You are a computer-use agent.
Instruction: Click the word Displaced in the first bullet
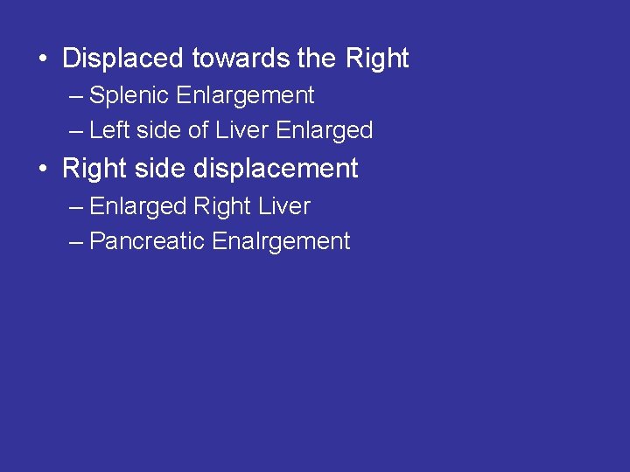point(123,59)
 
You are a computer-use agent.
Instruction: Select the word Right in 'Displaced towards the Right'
point(377,59)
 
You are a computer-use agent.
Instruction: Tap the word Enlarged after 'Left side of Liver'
point(324,130)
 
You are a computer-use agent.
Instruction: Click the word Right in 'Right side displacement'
point(93,168)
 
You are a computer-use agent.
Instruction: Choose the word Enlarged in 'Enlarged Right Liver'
point(138,206)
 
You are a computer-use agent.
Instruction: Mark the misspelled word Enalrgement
point(281,241)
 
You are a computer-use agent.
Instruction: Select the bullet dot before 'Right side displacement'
point(43,170)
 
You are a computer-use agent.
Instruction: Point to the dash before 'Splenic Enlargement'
point(76,96)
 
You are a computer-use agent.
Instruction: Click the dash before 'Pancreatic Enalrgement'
point(76,242)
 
